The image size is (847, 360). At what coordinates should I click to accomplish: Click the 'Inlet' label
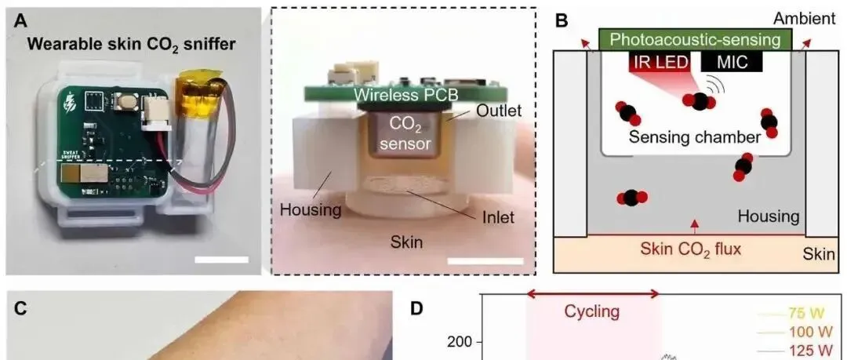pyautogui.click(x=496, y=216)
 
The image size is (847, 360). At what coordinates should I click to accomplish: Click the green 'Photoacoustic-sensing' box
pyautogui.click(x=696, y=39)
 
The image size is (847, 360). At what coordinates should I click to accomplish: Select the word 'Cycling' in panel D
pyautogui.click(x=593, y=312)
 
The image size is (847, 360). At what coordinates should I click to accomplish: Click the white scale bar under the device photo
pyautogui.click(x=224, y=258)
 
